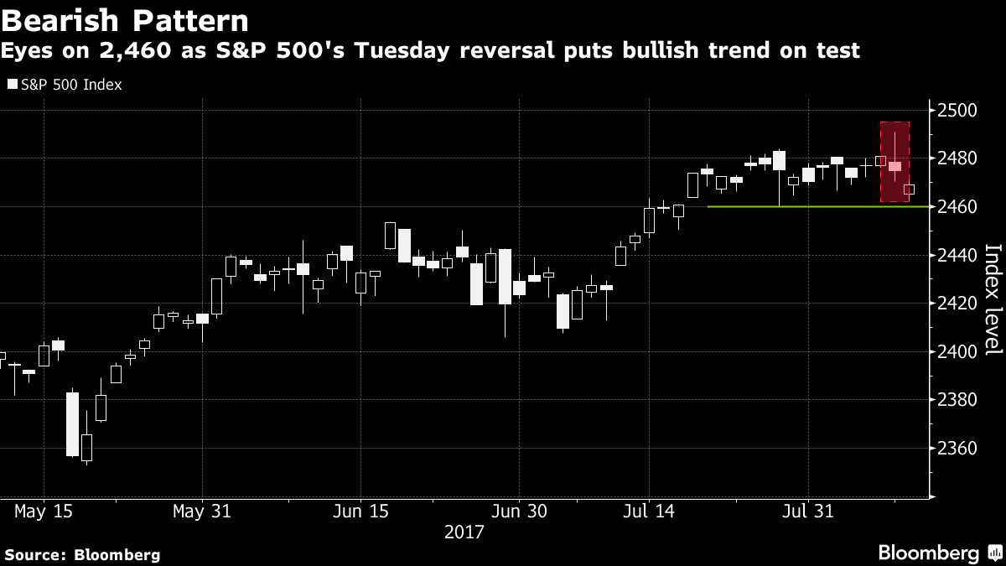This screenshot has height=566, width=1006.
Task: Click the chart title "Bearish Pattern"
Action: (126, 20)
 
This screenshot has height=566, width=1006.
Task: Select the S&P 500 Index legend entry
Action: (65, 85)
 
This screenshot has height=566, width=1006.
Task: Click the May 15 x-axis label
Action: (43, 511)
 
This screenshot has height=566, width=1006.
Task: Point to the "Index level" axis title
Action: (993, 299)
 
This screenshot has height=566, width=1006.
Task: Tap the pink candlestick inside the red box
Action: (895, 166)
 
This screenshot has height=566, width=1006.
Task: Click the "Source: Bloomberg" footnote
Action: (82, 554)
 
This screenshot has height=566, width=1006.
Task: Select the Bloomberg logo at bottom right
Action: (939, 553)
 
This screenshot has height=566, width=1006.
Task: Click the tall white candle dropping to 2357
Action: (72, 423)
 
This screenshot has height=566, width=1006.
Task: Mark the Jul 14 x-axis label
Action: (648, 511)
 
